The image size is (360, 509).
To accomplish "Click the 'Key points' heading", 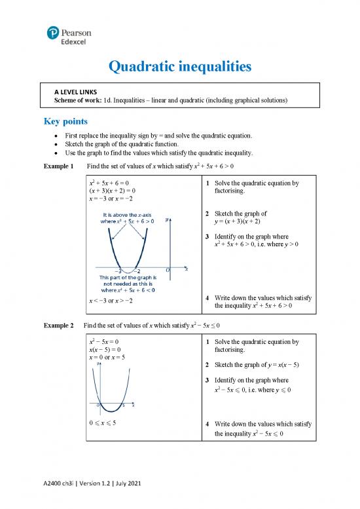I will coord(66,121).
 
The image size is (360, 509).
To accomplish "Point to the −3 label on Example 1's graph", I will coord(118,271).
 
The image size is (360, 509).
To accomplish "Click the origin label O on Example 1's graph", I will coord(168,270).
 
